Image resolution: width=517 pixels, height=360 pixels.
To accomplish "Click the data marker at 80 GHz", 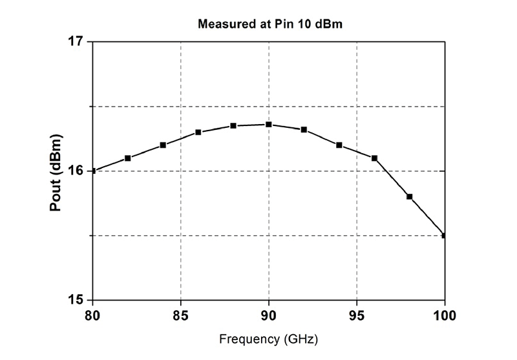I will (94, 171).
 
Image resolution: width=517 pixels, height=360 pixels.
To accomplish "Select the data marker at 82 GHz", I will (128, 158).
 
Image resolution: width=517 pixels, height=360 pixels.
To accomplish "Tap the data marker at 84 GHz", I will (163, 145).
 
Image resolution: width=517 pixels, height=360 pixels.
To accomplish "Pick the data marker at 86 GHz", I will (198, 132).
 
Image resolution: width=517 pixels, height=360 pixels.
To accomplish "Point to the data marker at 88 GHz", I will (233, 125).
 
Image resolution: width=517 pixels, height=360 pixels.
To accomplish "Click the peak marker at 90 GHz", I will (268, 124).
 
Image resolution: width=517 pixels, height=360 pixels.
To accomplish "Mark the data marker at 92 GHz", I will (304, 129).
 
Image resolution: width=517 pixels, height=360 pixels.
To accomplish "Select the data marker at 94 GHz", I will (339, 145).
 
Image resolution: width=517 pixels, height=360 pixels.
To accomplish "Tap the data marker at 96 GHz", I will (374, 158).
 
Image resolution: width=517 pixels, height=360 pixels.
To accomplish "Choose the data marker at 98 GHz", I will (409, 196).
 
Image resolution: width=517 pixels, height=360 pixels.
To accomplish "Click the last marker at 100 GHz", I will (444, 235).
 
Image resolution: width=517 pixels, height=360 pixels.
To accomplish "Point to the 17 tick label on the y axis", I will (76, 41).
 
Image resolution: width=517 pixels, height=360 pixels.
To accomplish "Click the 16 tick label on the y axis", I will (76, 171).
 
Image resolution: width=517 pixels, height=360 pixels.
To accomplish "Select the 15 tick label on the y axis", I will (76, 300).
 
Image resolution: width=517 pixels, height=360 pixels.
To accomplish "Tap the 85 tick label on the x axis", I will (181, 316).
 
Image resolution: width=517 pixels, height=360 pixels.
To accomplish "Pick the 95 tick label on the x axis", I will (357, 316).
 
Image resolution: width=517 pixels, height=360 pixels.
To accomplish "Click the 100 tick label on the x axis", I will (445, 316).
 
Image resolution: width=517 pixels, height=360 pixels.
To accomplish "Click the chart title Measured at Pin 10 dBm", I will (268, 25).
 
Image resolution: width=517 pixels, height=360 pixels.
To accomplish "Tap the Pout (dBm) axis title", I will (57, 171).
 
